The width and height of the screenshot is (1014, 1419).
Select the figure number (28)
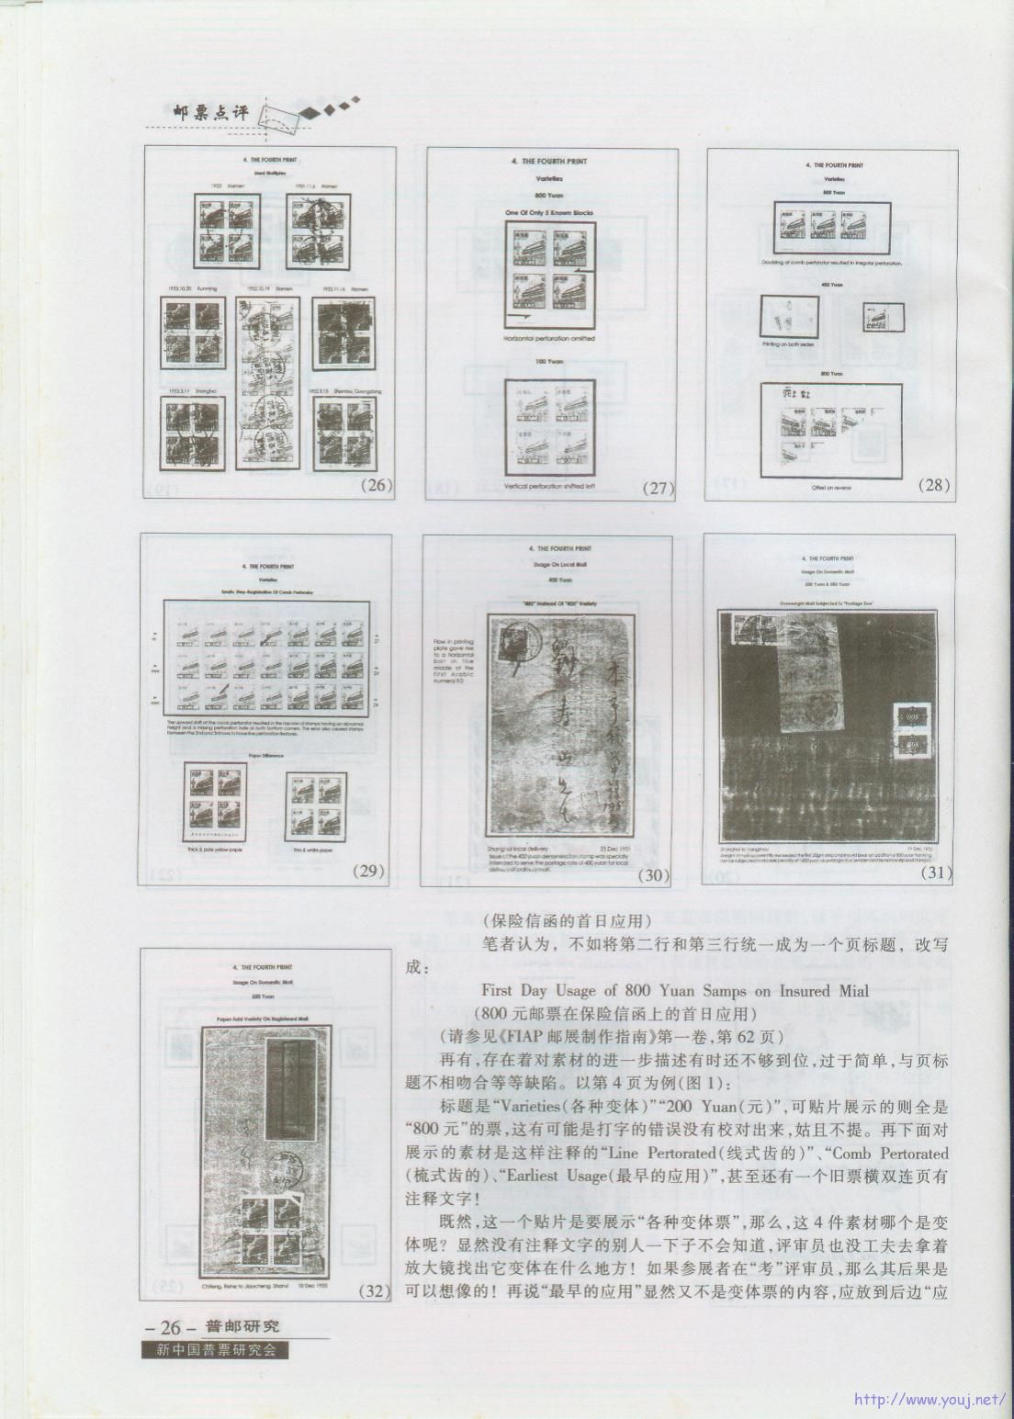point(934,486)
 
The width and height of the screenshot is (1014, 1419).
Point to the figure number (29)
point(368,872)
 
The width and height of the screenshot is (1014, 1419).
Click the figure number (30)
point(652,875)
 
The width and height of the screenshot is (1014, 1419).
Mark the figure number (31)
point(935,873)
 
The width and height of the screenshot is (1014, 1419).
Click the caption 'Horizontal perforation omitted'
point(550,338)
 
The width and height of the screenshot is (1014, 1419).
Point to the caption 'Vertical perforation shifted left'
point(550,485)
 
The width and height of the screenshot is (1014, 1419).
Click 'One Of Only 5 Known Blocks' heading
point(550,213)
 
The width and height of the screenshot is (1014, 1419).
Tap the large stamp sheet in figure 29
point(266,659)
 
